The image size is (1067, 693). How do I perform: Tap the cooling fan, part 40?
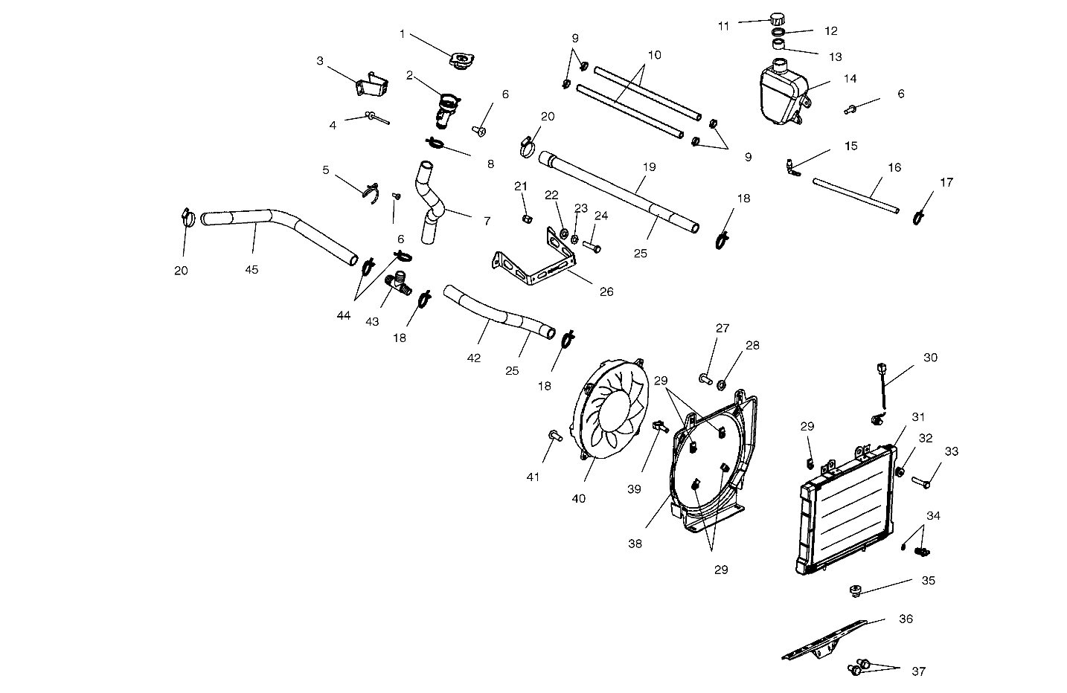click(611, 413)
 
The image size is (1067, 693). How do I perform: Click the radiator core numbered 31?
click(848, 513)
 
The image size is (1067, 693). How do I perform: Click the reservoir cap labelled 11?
click(778, 19)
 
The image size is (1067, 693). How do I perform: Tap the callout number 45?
click(251, 270)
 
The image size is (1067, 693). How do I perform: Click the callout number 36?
click(906, 619)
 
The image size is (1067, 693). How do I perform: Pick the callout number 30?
click(930, 358)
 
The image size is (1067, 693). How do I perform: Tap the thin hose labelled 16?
click(856, 195)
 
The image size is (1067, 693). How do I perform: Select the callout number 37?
click(919, 671)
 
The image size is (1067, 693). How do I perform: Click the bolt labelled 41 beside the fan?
click(554, 436)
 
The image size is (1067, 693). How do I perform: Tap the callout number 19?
click(649, 167)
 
